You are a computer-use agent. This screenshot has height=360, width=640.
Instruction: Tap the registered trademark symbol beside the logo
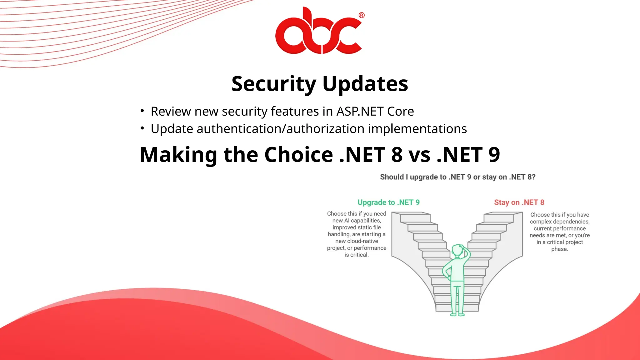coord(362,15)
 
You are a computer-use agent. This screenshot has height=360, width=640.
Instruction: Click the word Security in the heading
coord(274,84)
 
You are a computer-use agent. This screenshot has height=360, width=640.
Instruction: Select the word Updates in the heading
coord(365,84)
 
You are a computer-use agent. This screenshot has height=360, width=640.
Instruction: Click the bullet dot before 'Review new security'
coord(142,111)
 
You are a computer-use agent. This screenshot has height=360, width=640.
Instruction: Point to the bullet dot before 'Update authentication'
coord(142,128)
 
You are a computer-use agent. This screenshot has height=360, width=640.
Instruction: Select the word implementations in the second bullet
coord(417,129)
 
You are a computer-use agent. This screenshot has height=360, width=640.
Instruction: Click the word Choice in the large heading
coord(299,155)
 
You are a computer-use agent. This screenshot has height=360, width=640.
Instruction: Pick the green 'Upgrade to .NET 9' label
coord(388,202)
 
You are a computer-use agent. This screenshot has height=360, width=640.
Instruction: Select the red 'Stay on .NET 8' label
coord(519,202)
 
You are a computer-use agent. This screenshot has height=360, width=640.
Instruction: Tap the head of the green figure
coord(458,250)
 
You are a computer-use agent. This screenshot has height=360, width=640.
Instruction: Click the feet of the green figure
coord(457,314)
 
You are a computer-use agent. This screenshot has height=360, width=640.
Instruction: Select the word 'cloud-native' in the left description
coord(357,241)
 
